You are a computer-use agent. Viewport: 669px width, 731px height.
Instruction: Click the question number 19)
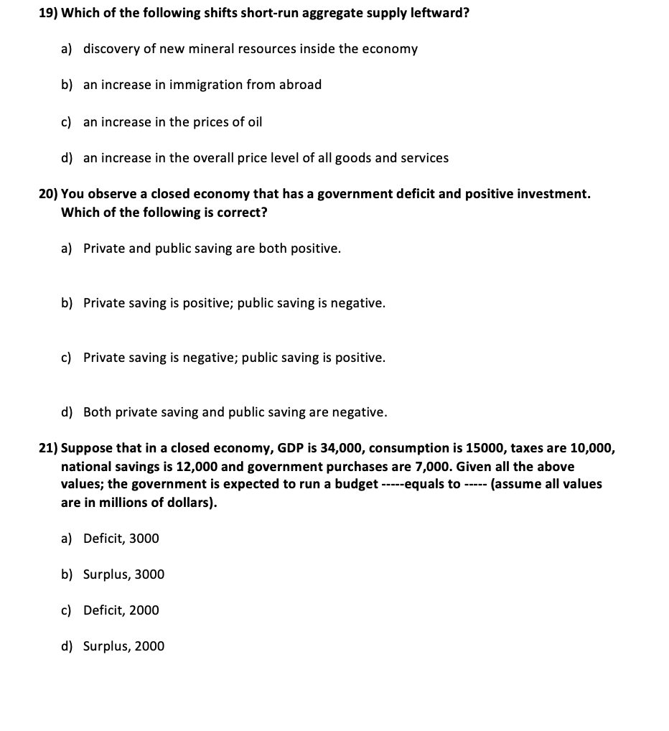tap(48, 14)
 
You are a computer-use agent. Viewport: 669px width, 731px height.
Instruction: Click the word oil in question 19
tap(255, 122)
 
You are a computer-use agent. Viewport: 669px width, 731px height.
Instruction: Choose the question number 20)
tap(48, 194)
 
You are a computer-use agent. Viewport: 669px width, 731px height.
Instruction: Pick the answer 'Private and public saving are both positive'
tap(212, 248)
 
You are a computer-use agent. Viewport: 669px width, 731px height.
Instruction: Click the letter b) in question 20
tap(67, 303)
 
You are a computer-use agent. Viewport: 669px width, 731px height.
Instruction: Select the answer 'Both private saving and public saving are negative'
tap(235, 412)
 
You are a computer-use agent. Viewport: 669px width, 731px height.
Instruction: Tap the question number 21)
tap(48, 449)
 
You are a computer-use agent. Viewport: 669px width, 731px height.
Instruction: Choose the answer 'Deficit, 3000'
tap(121, 539)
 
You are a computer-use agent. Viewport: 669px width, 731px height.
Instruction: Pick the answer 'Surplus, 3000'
tap(123, 574)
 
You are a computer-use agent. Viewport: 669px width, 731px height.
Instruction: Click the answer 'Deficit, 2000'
tap(121, 610)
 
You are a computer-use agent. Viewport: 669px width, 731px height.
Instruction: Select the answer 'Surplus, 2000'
tap(123, 646)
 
